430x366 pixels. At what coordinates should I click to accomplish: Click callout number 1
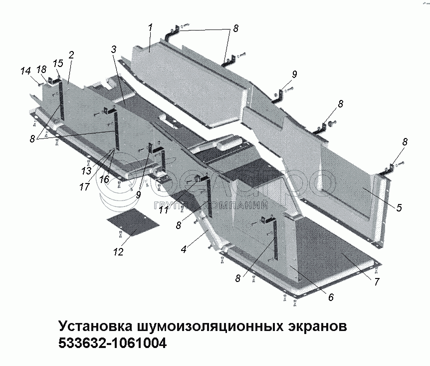[150, 28]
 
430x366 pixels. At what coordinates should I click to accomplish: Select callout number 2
[71, 54]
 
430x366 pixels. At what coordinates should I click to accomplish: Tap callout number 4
[184, 248]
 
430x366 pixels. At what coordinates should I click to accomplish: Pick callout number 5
[399, 207]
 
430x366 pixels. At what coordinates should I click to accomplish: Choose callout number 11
[163, 210]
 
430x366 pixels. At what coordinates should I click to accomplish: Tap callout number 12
[118, 251]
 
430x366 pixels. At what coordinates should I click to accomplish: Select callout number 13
[86, 170]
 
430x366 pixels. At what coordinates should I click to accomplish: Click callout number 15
[58, 63]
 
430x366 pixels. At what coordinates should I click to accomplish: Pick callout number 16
[104, 178]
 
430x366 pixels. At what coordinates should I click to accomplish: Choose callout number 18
[41, 69]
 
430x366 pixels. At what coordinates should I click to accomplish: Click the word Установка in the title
[94, 327]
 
